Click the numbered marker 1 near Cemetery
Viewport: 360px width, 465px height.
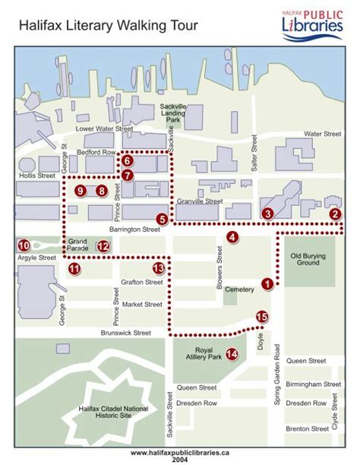[267, 284]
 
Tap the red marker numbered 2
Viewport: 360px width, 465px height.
[335, 214]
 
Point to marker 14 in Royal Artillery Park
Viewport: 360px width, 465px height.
[232, 353]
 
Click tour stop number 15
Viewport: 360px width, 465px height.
[262, 318]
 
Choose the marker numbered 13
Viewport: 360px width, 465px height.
[158, 267]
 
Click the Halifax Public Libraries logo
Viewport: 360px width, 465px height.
[313, 22]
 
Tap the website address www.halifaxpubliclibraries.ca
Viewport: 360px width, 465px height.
[180, 452]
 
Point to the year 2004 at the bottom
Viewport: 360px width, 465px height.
[180, 460]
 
